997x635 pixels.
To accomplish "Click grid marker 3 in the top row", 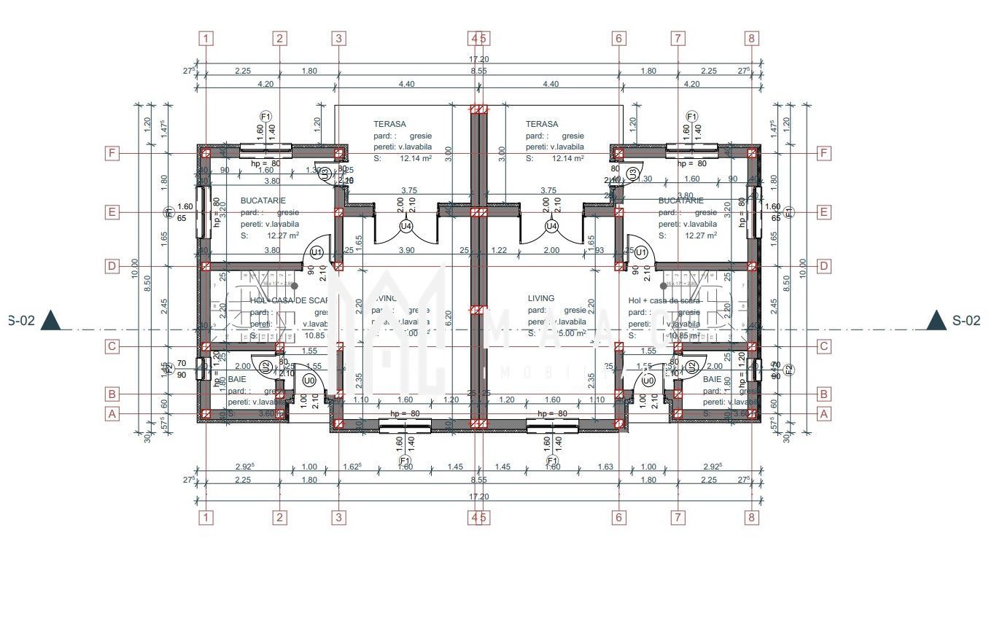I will pyautogui.click(x=338, y=39).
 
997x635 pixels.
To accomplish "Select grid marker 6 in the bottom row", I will pyautogui.click(x=618, y=518).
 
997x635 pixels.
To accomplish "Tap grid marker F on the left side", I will pyautogui.click(x=112, y=153).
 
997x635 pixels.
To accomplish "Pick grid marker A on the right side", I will pyautogui.click(x=824, y=413).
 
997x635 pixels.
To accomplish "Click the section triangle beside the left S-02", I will pyautogui.click(x=51, y=320).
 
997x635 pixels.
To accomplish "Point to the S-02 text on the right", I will pyautogui.click(x=966, y=320).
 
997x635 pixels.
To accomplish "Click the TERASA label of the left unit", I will pyautogui.click(x=389, y=124).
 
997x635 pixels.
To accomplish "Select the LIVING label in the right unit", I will pyautogui.click(x=540, y=298).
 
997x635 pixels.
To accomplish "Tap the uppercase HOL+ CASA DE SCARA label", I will pyautogui.click(x=290, y=300).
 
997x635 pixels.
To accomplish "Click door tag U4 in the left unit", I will pyautogui.click(x=406, y=226).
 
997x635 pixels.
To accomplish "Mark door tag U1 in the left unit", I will pyautogui.click(x=317, y=252).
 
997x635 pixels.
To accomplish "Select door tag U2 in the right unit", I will pyautogui.click(x=691, y=366).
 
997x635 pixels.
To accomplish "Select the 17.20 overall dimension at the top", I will pyautogui.click(x=478, y=59).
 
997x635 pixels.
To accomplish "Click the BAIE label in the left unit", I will pyautogui.click(x=237, y=380).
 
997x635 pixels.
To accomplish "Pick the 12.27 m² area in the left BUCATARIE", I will pyautogui.click(x=283, y=235).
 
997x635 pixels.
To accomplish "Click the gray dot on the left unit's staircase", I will pyautogui.click(x=295, y=287).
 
